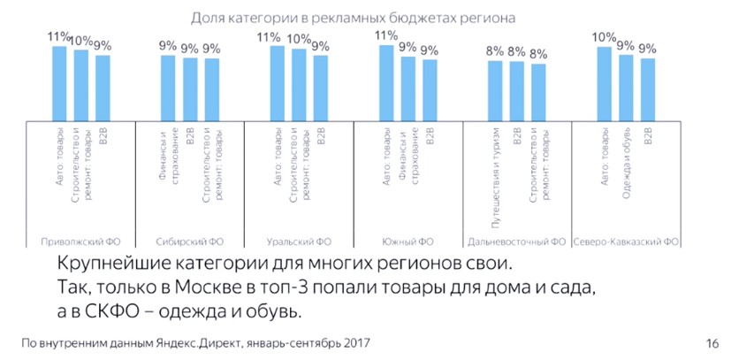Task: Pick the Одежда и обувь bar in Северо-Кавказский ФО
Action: [x=626, y=87]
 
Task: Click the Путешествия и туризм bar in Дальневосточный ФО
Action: [x=495, y=89]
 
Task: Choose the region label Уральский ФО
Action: [x=299, y=241]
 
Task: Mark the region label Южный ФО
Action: [x=408, y=241]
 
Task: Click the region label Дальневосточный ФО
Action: [x=517, y=241]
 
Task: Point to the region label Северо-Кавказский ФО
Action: [x=626, y=241]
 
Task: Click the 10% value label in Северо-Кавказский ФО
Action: [x=604, y=38]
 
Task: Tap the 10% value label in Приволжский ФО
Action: [x=81, y=41]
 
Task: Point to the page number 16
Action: [x=713, y=343]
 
